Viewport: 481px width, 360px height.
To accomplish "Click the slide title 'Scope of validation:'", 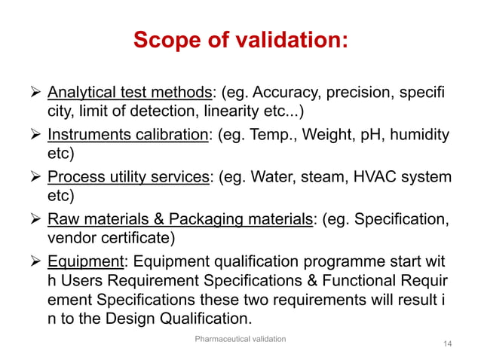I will tap(240, 39).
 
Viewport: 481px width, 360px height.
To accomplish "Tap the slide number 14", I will tap(448, 344).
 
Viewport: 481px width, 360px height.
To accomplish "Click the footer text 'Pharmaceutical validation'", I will tap(240, 340).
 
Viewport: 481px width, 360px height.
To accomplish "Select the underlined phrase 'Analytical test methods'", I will tap(130, 93).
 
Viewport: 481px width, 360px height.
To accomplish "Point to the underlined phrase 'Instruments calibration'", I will tap(127, 136).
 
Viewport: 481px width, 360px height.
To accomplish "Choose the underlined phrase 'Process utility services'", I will tap(129, 178).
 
